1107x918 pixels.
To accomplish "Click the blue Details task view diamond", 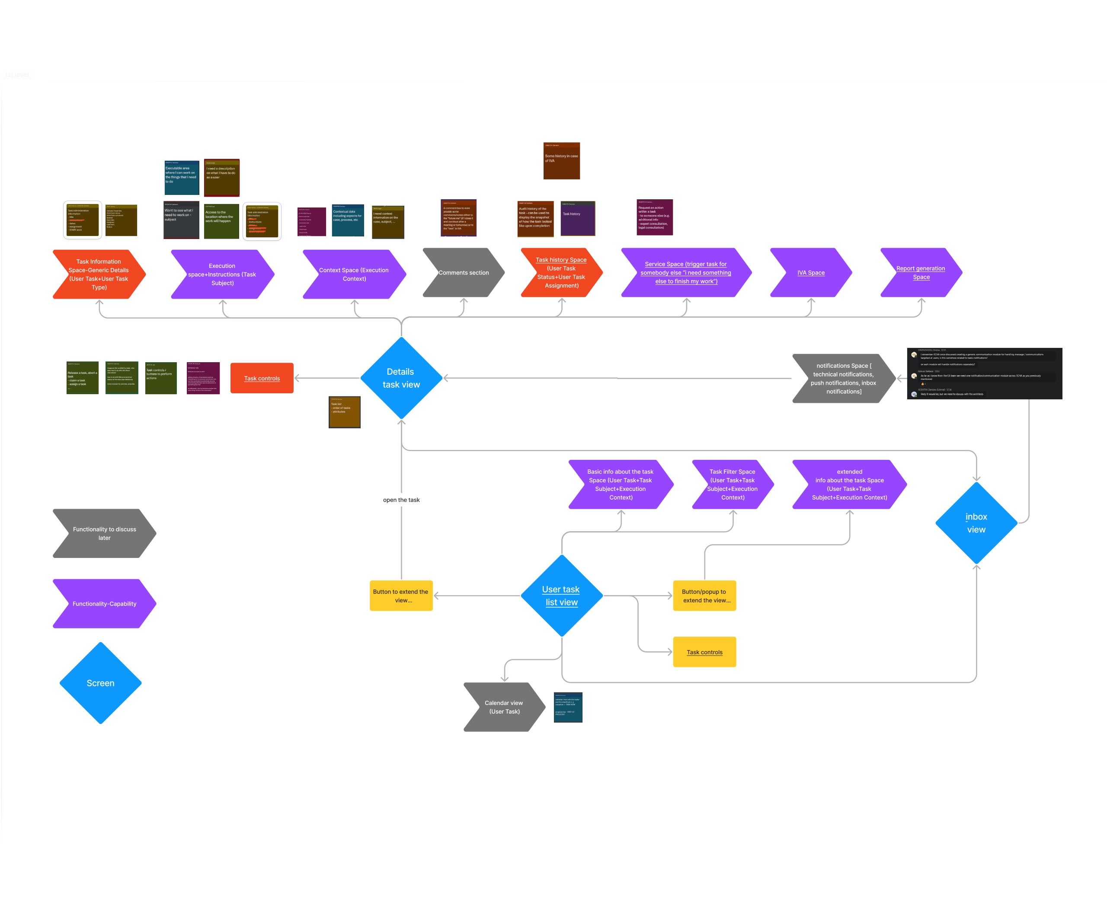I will [x=401, y=378].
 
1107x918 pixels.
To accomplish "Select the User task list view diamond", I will [x=561, y=596].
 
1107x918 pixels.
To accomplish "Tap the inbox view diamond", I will [x=976, y=523].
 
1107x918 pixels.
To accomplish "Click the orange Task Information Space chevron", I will [x=99, y=274].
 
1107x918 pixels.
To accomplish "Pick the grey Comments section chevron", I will [x=464, y=272].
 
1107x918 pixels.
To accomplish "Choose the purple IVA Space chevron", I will [x=811, y=272].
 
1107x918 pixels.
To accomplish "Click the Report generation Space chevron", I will [x=921, y=272].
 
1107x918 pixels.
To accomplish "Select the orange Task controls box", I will [x=262, y=378].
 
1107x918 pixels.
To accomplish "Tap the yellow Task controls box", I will [x=704, y=652].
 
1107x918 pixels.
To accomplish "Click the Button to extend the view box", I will [x=401, y=596].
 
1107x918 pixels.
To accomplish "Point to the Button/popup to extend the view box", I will [x=704, y=596].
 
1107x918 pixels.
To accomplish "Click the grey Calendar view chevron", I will [x=504, y=707].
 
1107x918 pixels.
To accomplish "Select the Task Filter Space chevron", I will [x=733, y=484].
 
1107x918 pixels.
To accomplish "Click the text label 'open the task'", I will [x=401, y=500].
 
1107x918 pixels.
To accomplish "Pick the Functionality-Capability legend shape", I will [x=104, y=603].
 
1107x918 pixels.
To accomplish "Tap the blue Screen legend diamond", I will [x=101, y=683].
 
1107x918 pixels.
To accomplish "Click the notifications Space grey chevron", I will [x=843, y=378].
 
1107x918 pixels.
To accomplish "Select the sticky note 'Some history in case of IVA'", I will [x=561, y=160].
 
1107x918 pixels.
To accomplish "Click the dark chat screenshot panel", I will [x=984, y=373].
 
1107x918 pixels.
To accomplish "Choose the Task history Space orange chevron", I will [x=561, y=272].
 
